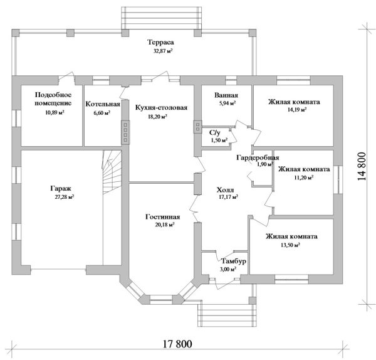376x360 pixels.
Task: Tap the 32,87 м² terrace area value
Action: (160, 51)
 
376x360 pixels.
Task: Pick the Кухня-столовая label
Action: (161, 107)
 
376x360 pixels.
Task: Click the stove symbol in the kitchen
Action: (125, 134)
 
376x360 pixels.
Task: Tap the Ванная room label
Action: (226, 96)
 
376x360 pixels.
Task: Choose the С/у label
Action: (214, 132)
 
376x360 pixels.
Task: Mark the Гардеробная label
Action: (258, 157)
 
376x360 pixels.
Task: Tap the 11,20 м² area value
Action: (304, 177)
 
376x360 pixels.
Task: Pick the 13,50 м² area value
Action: (291, 245)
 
